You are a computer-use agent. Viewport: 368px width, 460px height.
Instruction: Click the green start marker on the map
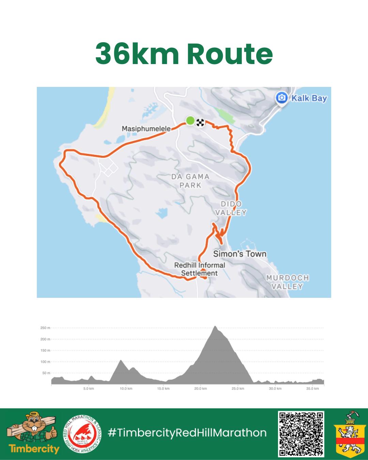(x=190, y=120)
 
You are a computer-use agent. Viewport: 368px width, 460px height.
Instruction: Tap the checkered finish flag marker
(x=200, y=122)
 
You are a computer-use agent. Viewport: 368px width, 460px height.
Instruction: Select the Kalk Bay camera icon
(x=281, y=98)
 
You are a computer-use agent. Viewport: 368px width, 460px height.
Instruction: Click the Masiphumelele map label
(x=146, y=129)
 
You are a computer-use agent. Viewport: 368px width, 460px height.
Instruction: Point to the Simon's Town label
(x=240, y=254)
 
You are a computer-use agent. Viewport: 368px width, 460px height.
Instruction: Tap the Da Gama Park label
(x=190, y=181)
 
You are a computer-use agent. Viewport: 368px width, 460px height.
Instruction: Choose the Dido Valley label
(x=233, y=208)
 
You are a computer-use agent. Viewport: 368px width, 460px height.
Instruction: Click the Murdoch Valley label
(x=287, y=282)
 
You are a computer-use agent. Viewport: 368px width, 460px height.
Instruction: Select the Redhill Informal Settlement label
(x=199, y=269)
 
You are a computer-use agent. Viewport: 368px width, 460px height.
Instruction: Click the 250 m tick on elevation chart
(x=45, y=328)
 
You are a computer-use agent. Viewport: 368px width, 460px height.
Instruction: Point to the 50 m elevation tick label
(x=46, y=373)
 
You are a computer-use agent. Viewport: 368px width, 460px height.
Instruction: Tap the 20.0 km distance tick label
(x=200, y=388)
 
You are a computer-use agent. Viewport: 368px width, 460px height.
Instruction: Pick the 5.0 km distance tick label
(x=89, y=388)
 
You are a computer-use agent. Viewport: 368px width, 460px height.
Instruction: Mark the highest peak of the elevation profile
(x=215, y=326)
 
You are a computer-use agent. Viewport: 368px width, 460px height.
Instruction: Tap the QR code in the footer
(x=301, y=434)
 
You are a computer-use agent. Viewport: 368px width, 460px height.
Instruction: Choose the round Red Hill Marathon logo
(x=82, y=434)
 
